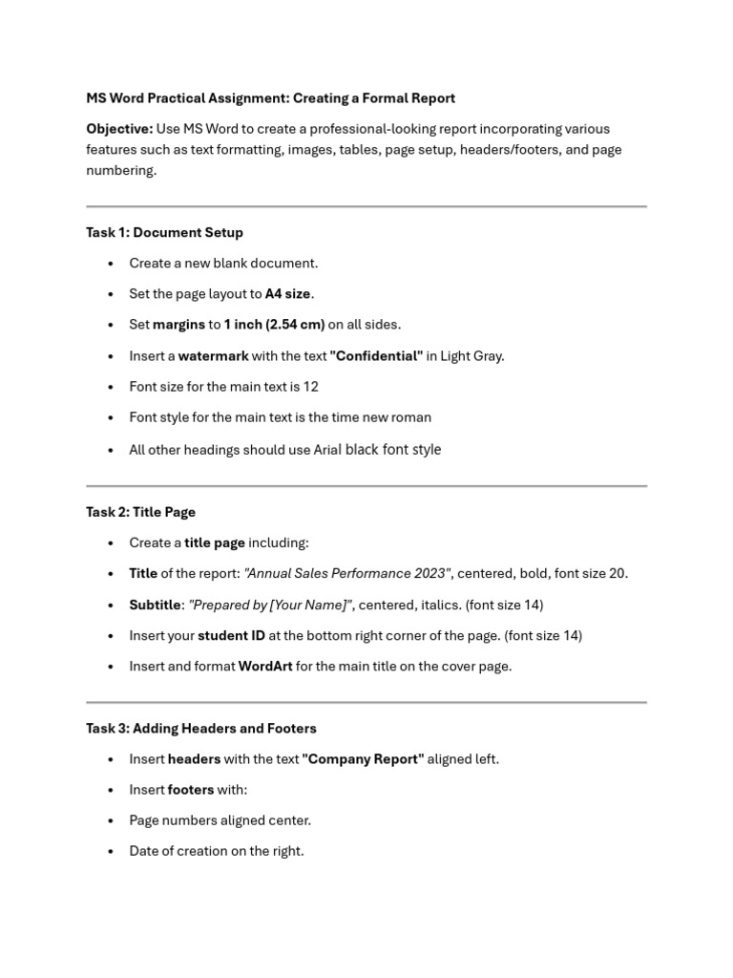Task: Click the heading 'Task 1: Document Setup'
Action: coord(164,232)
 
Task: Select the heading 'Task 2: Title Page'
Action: coord(140,512)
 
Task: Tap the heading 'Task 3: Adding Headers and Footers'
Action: coord(200,728)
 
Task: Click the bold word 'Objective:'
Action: coord(119,129)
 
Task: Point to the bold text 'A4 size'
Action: coord(288,293)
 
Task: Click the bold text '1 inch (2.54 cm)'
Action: coord(274,324)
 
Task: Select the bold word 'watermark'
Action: coord(213,355)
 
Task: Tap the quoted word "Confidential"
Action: coord(376,355)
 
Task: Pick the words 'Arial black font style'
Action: coord(377,449)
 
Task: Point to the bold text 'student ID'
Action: coord(231,635)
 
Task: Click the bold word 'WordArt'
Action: coord(264,666)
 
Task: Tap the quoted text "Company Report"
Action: coord(363,758)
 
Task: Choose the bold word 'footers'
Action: coord(191,789)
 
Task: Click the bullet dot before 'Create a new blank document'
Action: coord(112,264)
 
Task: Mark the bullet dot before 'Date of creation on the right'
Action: coord(112,851)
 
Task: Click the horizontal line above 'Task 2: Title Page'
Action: coord(366,486)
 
